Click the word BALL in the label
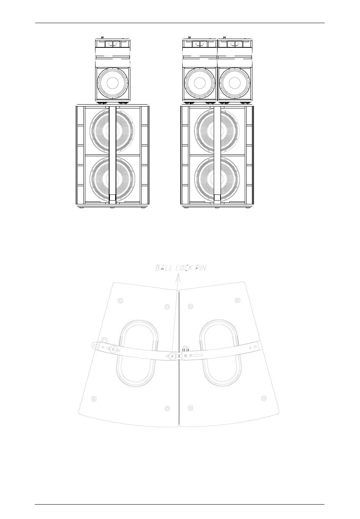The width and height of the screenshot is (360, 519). pyautogui.click(x=164, y=268)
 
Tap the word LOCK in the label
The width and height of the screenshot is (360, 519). pyautogui.click(x=184, y=268)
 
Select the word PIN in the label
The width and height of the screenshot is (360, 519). pyautogui.click(x=200, y=268)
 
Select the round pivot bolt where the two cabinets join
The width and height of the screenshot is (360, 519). pyautogui.click(x=172, y=356)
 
